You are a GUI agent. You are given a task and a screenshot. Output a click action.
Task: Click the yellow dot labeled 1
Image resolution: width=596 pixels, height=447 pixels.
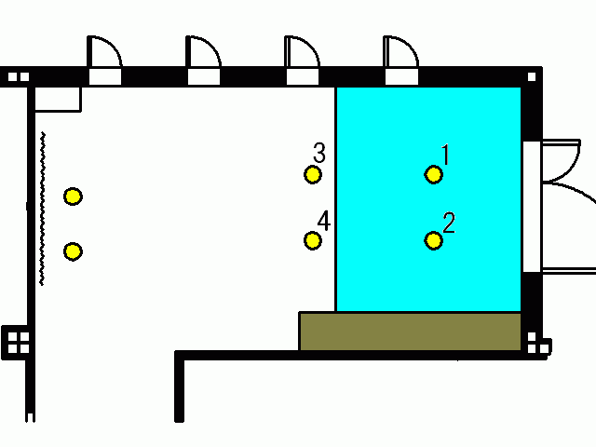[x=433, y=175]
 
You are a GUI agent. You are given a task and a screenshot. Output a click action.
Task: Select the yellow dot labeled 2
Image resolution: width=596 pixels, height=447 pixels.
[x=433, y=240]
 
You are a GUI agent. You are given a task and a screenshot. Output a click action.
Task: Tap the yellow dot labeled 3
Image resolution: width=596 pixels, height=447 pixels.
[x=313, y=175]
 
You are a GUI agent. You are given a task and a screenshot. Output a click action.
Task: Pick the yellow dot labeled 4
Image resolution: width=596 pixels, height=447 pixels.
[x=313, y=240]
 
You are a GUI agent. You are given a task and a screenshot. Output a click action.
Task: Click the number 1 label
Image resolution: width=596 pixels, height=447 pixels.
[x=445, y=155]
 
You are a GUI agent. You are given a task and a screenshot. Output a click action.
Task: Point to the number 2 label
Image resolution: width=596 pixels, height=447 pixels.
[x=449, y=223]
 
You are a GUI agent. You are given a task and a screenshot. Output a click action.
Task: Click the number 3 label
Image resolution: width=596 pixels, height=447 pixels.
[x=319, y=153]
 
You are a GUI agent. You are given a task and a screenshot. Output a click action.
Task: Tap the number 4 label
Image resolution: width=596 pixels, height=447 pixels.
[x=324, y=221]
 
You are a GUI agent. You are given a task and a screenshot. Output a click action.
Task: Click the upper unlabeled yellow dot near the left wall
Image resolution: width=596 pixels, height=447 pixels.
[x=73, y=196]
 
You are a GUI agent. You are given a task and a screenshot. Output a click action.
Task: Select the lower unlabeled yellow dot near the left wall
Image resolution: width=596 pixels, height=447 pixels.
[x=73, y=251]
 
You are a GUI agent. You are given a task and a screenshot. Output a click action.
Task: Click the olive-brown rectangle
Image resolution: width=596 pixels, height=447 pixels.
[x=410, y=332]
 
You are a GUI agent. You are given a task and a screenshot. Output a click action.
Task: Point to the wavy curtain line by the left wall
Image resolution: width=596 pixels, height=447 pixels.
[x=43, y=209]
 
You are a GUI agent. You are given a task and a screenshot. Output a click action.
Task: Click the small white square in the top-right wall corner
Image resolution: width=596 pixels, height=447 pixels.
[x=532, y=77]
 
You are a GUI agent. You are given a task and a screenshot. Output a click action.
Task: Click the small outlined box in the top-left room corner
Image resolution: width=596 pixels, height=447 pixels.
[x=58, y=100]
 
